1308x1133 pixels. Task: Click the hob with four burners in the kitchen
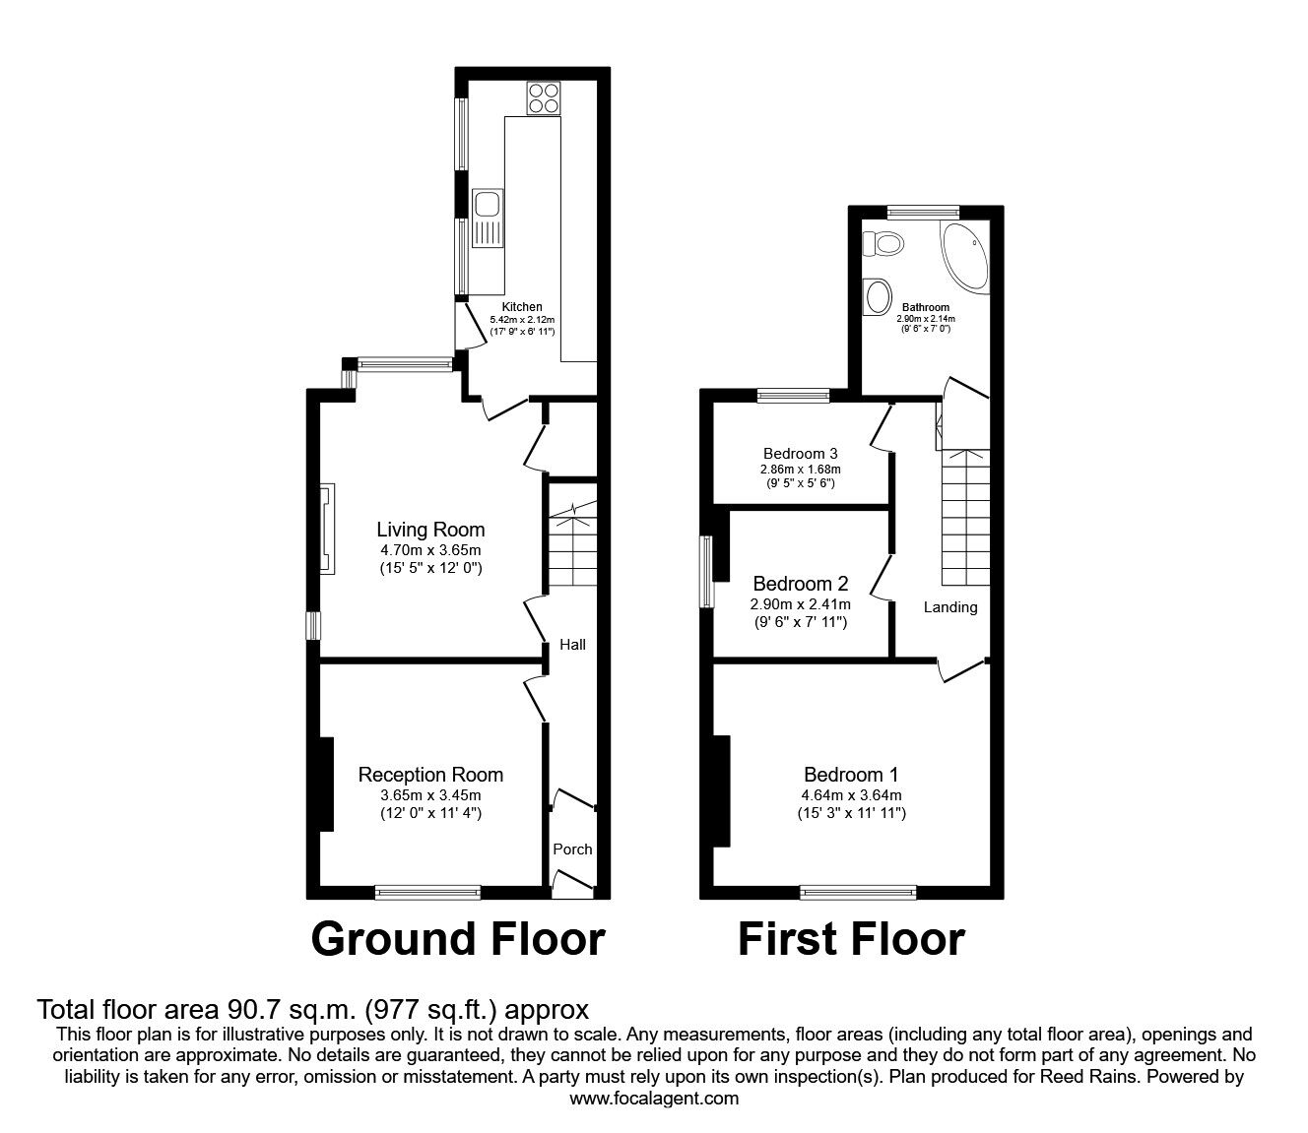(x=543, y=98)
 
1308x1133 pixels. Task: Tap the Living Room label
(x=430, y=530)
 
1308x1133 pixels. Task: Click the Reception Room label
(x=430, y=775)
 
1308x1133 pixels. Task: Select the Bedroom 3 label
(x=800, y=454)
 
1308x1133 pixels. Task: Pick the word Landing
(x=949, y=607)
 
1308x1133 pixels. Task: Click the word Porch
(x=572, y=849)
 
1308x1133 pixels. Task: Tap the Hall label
(x=572, y=644)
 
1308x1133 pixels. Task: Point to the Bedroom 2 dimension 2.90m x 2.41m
(x=800, y=604)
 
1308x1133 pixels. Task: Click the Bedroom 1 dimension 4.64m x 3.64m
(x=850, y=795)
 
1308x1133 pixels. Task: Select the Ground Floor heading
(x=458, y=939)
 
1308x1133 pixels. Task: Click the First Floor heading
(x=851, y=939)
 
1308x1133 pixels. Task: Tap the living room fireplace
(x=327, y=531)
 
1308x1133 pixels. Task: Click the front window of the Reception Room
(x=427, y=893)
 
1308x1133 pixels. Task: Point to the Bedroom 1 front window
(x=858, y=893)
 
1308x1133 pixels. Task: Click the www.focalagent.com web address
(x=654, y=1116)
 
